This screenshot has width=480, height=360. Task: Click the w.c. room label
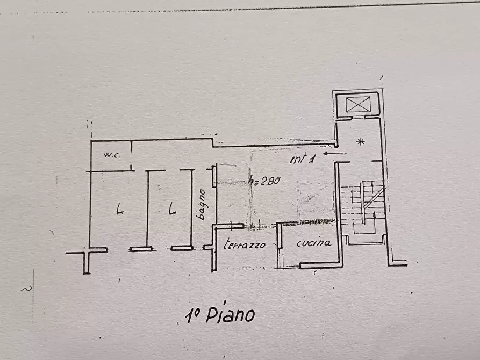(x=112, y=155)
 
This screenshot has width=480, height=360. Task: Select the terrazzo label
(x=245, y=244)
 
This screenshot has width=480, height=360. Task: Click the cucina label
(x=313, y=243)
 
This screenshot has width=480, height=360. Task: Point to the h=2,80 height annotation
(x=264, y=182)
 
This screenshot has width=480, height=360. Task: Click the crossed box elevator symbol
(x=356, y=104)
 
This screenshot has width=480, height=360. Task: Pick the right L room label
(x=171, y=208)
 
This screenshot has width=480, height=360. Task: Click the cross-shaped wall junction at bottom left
(x=86, y=251)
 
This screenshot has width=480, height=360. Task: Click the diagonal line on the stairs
(x=374, y=197)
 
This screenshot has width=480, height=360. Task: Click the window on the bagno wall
(x=214, y=177)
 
